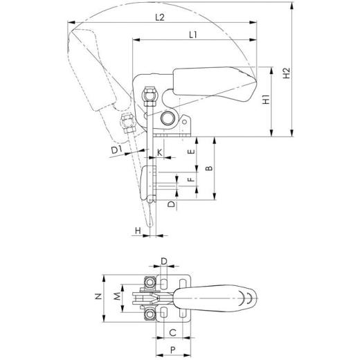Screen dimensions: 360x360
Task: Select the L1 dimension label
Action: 195,34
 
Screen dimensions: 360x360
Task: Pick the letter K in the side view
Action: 159,151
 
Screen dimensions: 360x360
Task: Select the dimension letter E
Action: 192,150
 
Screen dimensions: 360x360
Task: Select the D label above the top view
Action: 164,260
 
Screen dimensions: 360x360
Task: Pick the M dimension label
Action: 116,297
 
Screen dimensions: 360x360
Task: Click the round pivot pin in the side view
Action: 169,118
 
